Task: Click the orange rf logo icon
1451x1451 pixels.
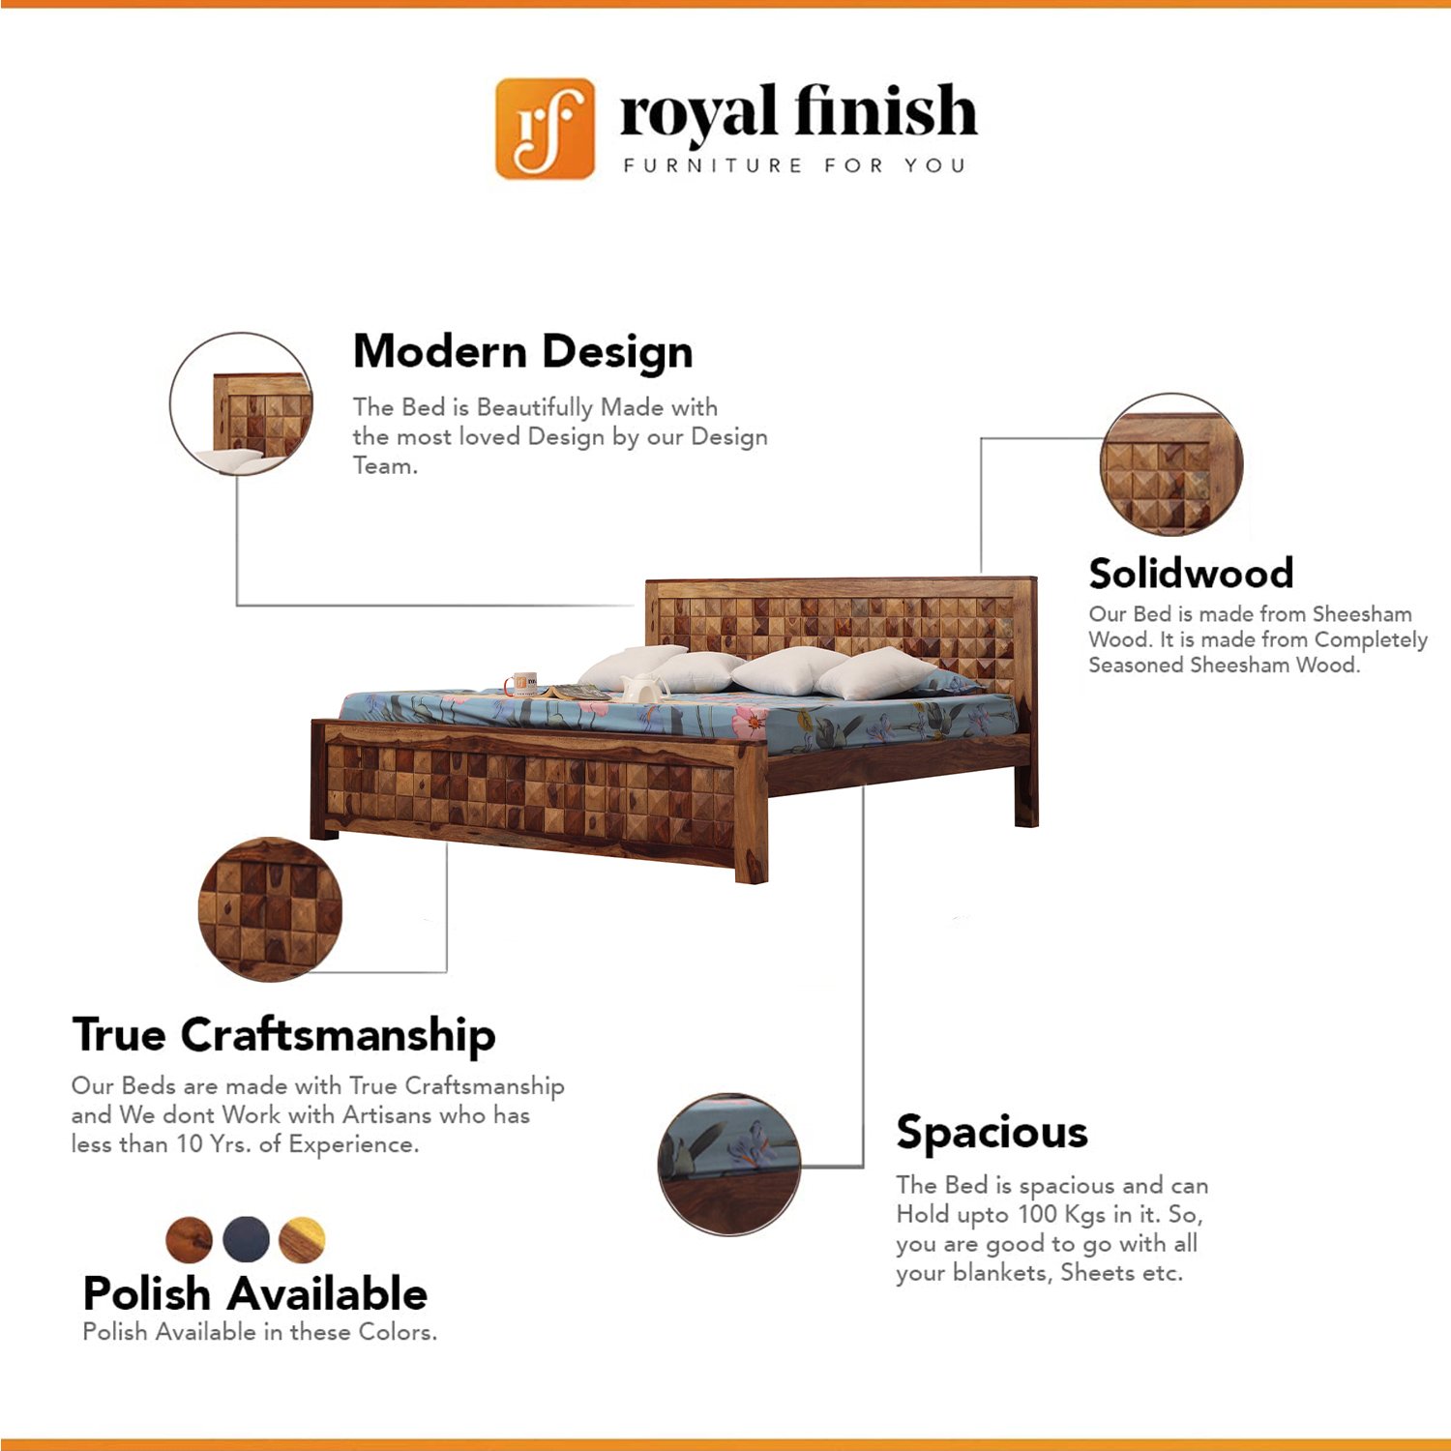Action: click(545, 129)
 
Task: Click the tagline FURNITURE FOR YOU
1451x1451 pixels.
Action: click(794, 165)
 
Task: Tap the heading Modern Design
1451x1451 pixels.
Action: click(522, 352)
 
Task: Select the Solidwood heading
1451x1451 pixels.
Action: click(1191, 573)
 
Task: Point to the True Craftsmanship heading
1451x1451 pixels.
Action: click(283, 1035)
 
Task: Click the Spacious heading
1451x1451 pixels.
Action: click(992, 1133)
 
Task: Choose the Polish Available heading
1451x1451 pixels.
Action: click(255, 1293)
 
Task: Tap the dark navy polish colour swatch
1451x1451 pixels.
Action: click(247, 1239)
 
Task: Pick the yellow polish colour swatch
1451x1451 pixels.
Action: click(303, 1239)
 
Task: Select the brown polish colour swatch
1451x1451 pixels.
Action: click(190, 1239)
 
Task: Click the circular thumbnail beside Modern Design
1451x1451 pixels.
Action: click(241, 404)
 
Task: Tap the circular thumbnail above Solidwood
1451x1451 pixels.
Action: click(1171, 464)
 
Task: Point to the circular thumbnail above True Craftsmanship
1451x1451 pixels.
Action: click(270, 909)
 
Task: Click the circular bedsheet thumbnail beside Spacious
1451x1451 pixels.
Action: click(729, 1165)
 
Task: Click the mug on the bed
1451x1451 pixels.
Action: click(521, 684)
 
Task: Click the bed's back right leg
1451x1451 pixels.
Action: click(1025, 793)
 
